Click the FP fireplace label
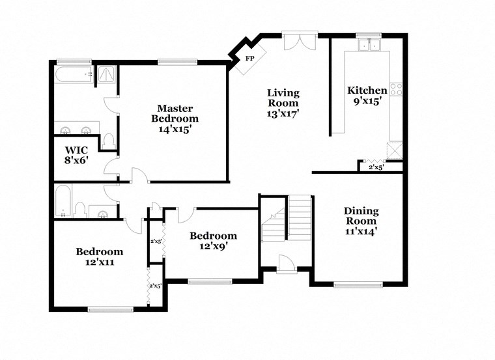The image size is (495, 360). click(x=249, y=59)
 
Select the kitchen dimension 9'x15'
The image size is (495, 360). click(x=367, y=101)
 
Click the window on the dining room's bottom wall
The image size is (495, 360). click(x=358, y=284)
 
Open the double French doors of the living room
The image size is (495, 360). click(x=300, y=40)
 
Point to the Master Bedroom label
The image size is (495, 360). click(x=175, y=113)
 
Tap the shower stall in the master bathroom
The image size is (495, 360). click(x=106, y=76)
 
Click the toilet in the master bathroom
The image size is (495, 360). click(x=109, y=140)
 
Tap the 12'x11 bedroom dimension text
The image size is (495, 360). click(x=99, y=262)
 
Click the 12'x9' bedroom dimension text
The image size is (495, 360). click(x=213, y=246)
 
